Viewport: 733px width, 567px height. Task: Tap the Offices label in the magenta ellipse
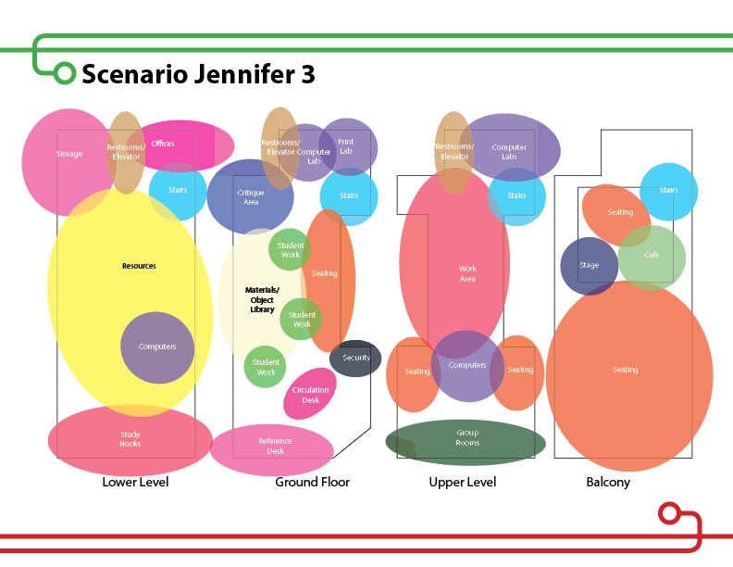tap(163, 144)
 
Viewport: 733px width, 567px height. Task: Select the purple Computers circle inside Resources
tap(157, 347)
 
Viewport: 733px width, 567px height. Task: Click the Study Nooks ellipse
tap(130, 439)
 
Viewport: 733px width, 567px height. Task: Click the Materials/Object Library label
tap(261, 299)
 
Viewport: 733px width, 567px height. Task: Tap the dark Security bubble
tap(355, 358)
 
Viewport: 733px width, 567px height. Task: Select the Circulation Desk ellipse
tap(310, 395)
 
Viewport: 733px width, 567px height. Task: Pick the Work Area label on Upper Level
tap(467, 273)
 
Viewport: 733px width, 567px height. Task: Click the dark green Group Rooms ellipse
tap(466, 438)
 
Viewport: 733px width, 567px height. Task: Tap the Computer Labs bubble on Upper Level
tap(510, 152)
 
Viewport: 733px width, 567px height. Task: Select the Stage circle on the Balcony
tap(589, 266)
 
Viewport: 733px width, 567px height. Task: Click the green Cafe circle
tap(652, 255)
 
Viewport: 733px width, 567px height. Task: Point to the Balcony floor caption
tap(608, 483)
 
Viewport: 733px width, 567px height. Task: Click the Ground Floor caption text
tap(312, 483)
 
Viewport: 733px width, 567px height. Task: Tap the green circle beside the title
tap(64, 73)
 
